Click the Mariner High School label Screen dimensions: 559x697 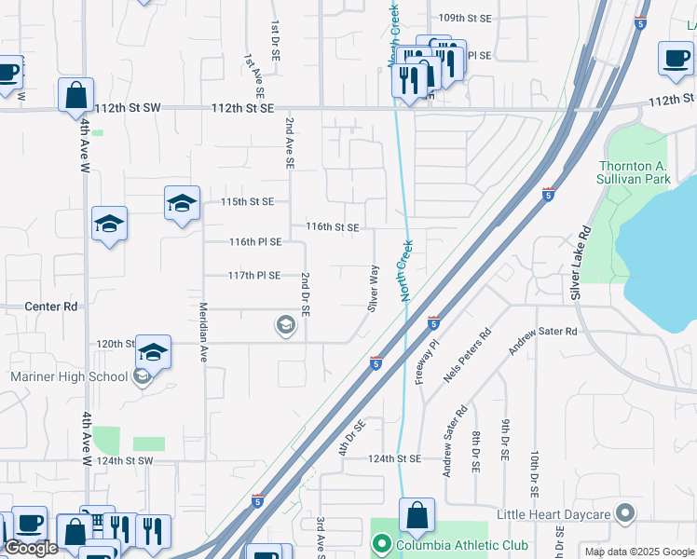pyautogui.click(x=69, y=376)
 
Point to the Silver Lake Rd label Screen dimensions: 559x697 pyautogui.click(x=581, y=263)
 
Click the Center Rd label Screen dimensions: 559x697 pyautogui.click(x=52, y=307)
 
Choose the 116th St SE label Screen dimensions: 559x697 pyautogui.click(x=333, y=226)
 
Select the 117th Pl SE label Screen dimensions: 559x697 pyautogui.click(x=254, y=276)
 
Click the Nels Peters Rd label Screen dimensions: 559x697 pyautogui.click(x=467, y=356)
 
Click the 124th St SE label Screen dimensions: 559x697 pyautogui.click(x=394, y=459)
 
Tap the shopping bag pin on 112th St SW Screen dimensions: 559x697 pyautogui.click(x=75, y=94)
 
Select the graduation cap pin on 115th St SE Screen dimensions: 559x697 pyautogui.click(x=182, y=203)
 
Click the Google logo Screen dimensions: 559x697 pyautogui.click(x=31, y=548)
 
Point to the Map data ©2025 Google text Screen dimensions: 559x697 pyautogui.click(x=638, y=552)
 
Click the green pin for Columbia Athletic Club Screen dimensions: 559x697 pyautogui.click(x=380, y=544)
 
